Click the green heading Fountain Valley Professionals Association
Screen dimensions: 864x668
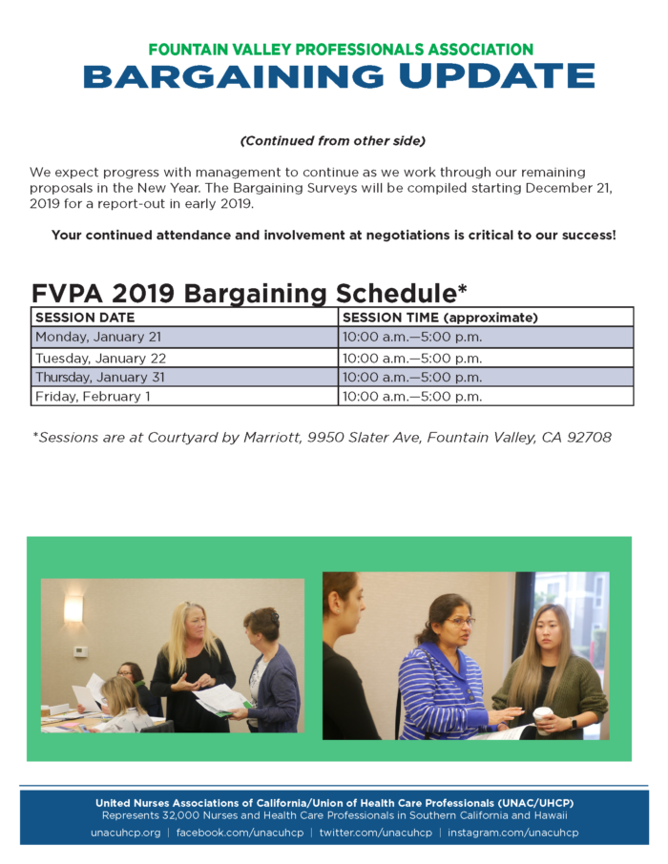pyautogui.click(x=340, y=49)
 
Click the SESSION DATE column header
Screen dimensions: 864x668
pyautogui.click(x=86, y=318)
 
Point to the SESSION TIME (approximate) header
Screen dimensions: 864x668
pyautogui.click(x=440, y=318)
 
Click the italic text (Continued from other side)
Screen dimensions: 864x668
pyautogui.click(x=333, y=141)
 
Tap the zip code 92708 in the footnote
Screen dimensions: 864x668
pyautogui.click(x=589, y=438)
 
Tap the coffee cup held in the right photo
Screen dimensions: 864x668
pyautogui.click(x=543, y=716)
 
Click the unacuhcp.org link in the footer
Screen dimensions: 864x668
pyautogui.click(x=125, y=833)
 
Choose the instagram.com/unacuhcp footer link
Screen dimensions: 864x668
pyautogui.click(x=512, y=833)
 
